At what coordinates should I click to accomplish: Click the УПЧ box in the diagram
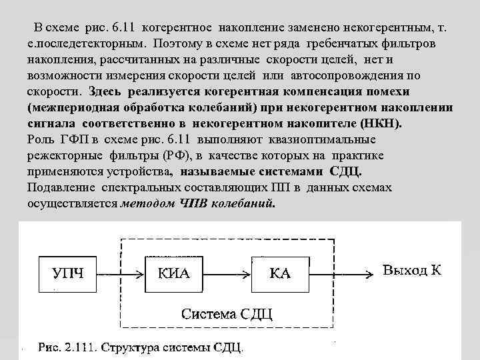point(69,274)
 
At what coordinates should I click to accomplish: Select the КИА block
point(175,274)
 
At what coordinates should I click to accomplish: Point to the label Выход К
point(412,269)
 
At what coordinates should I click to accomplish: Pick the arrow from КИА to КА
point(229,274)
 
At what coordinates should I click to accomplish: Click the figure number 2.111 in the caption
point(81,348)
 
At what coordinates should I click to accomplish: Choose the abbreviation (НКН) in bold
point(378,123)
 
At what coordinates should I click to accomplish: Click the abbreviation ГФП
point(75,139)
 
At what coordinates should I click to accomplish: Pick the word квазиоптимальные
point(323,139)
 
